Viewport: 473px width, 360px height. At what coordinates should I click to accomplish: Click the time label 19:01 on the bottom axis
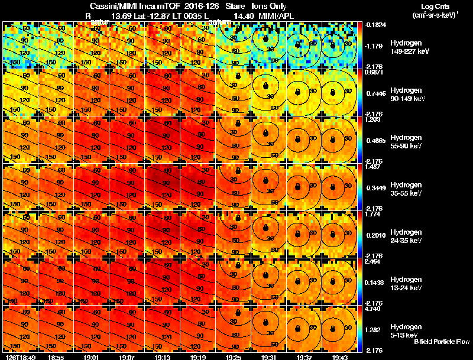click(x=92, y=356)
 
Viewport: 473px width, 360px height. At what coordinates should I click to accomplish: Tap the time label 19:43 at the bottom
click(x=340, y=356)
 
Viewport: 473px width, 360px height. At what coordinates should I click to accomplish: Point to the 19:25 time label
click(x=234, y=356)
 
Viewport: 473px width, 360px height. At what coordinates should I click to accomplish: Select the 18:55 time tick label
click(x=56, y=356)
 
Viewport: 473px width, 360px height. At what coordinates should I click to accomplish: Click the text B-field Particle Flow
click(x=441, y=342)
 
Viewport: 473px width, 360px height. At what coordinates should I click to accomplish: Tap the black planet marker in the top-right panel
click(x=333, y=42)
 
